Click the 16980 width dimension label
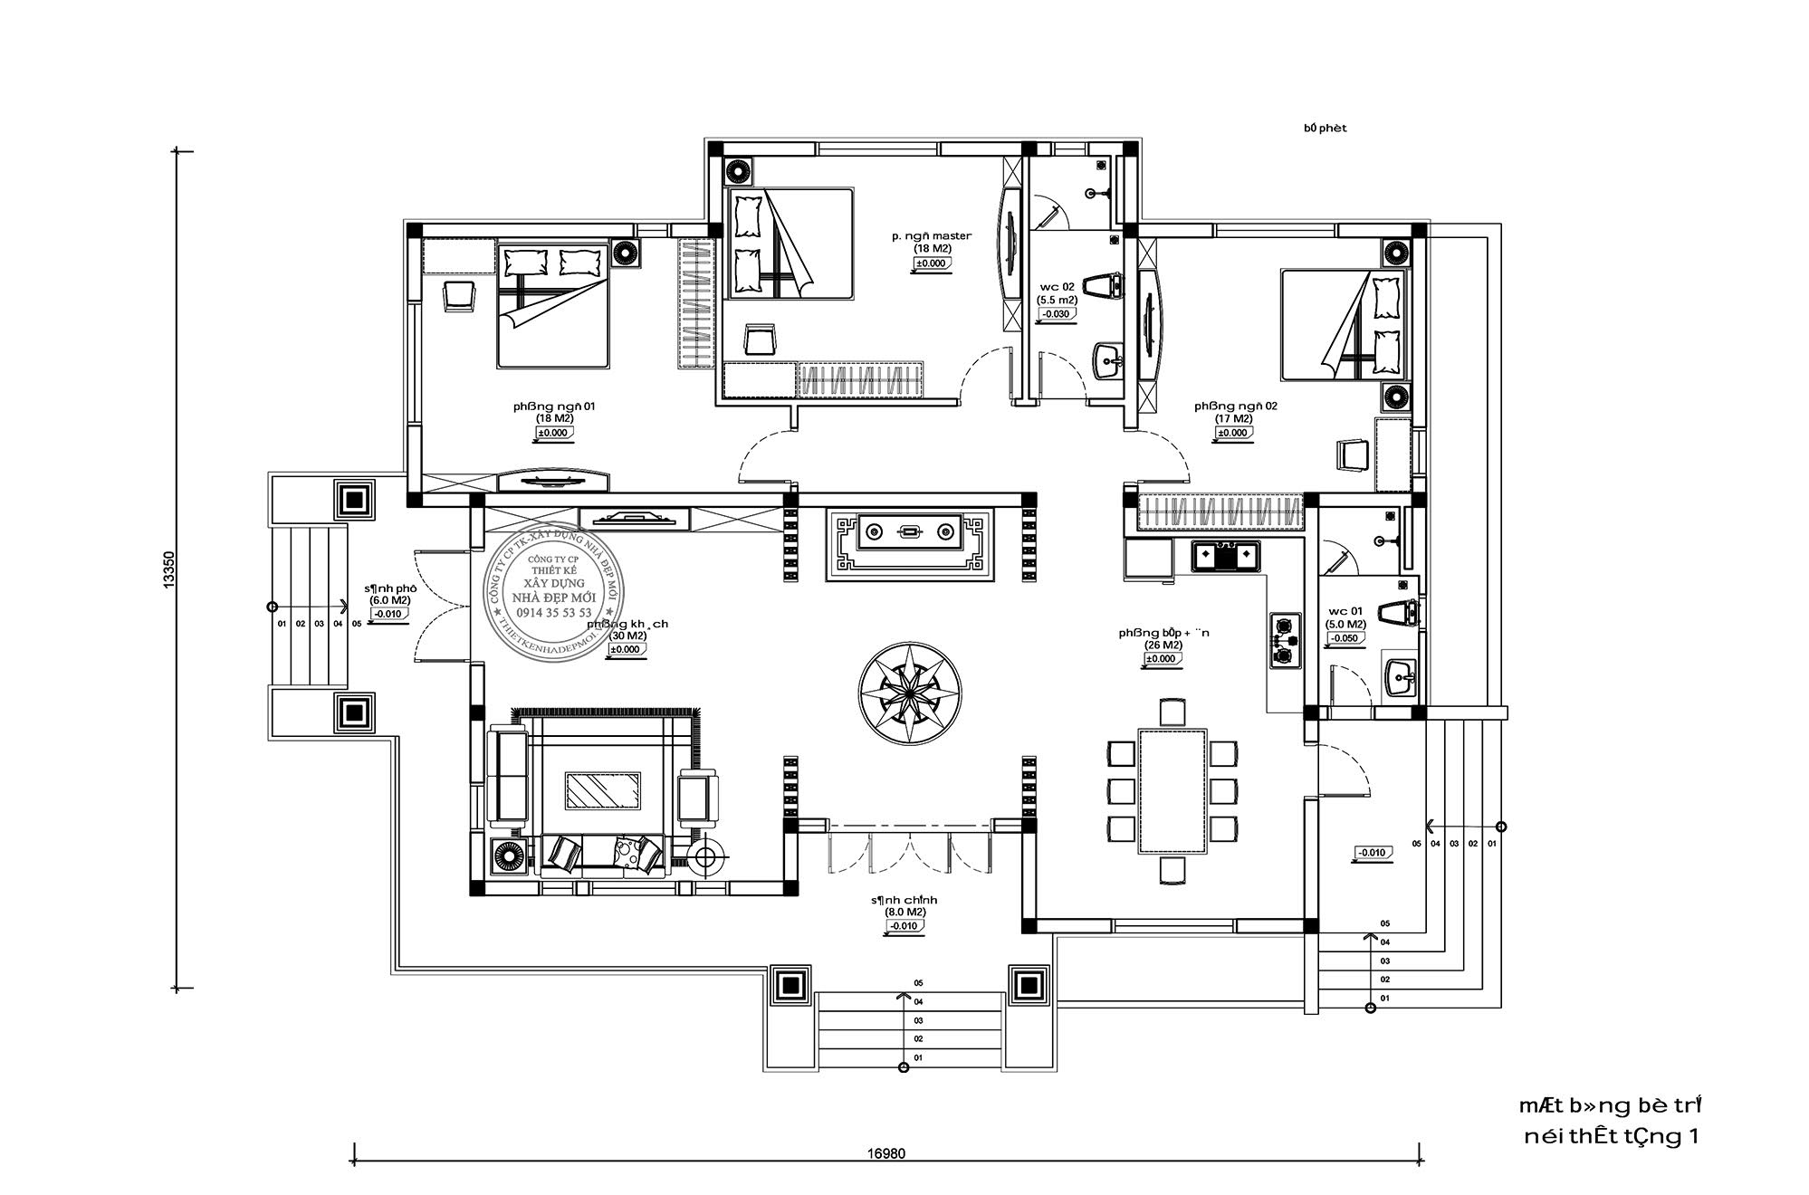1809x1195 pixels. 885,1154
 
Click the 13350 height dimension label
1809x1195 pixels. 169,572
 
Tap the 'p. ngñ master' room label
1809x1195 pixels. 931,236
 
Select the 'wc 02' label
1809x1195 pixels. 1057,286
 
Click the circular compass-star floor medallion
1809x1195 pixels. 910,693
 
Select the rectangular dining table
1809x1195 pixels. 1172,791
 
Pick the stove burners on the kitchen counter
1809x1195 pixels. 1284,641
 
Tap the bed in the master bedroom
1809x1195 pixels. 790,244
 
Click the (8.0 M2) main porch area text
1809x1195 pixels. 904,913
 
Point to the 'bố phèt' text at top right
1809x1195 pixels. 1325,129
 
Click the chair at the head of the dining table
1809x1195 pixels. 1172,711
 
